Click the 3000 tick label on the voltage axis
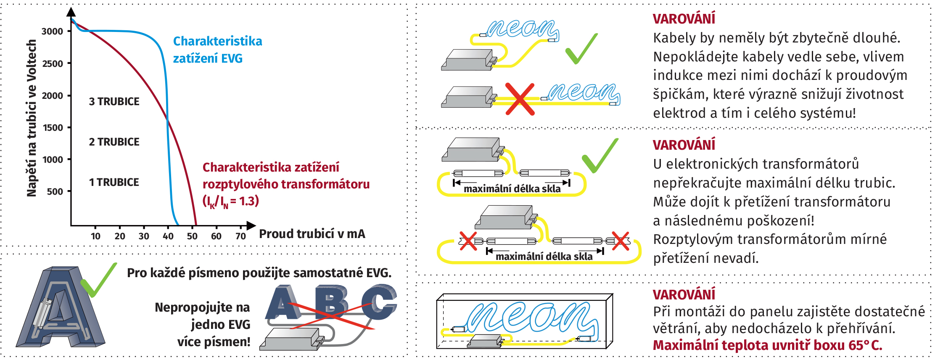click(x=52, y=32)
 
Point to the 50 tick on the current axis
click(x=192, y=236)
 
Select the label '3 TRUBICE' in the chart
click(x=114, y=102)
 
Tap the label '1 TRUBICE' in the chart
click(x=114, y=183)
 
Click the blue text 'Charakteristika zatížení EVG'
click(x=217, y=50)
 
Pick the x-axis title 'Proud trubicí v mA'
click(x=312, y=234)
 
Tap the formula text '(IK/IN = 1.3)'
click(x=230, y=201)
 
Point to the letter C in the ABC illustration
click(x=378, y=302)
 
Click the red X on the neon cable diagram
click(x=520, y=99)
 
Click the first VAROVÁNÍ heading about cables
click(x=684, y=19)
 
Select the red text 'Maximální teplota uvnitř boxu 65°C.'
click(x=767, y=345)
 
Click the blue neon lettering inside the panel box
click(x=532, y=318)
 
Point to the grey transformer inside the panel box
click(x=486, y=341)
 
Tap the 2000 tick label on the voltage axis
click(x=52, y=96)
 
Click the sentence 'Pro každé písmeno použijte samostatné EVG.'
click(x=259, y=273)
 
